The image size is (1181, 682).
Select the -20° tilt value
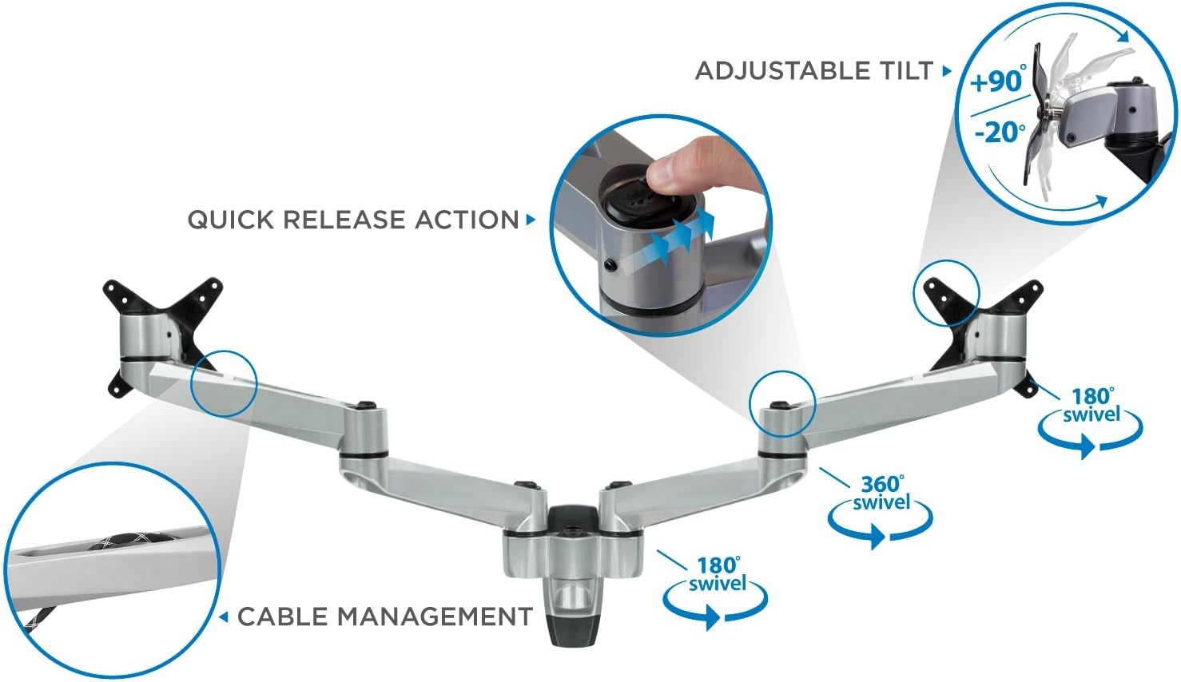(1000, 132)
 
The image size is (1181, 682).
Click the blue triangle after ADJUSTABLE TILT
(947, 70)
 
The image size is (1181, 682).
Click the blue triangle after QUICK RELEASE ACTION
(531, 220)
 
